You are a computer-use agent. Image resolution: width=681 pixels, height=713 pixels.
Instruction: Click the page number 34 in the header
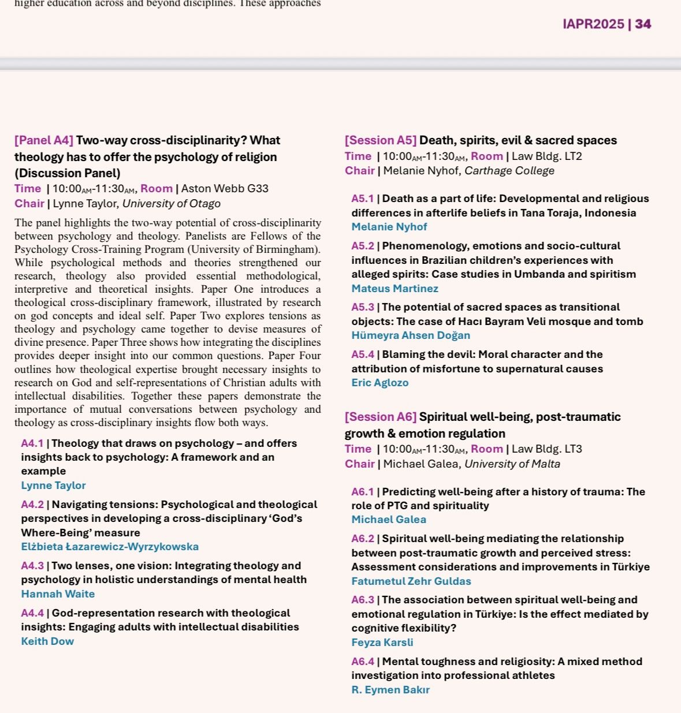coord(643,24)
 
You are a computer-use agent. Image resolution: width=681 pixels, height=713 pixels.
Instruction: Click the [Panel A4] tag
coord(44,140)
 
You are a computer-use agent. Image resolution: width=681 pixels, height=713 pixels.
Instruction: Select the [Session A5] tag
coord(380,140)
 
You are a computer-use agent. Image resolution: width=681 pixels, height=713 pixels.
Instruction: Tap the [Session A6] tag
coord(380,417)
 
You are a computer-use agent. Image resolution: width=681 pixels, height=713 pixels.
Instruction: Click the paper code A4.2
coord(32,505)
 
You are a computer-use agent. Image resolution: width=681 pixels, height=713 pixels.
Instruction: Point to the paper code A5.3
coord(363,307)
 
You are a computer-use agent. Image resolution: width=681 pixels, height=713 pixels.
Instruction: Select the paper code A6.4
coord(363,662)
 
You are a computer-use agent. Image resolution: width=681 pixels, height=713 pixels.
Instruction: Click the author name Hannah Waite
coord(58,594)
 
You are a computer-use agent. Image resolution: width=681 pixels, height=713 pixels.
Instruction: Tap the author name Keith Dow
coord(47,641)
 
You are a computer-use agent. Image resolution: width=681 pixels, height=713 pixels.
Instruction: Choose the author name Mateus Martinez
coord(395,289)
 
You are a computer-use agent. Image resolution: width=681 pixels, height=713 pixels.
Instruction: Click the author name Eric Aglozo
coord(379,383)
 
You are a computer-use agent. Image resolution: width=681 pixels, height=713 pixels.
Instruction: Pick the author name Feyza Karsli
coord(382,643)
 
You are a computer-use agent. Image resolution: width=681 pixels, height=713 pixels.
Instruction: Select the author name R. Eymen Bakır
coord(390,690)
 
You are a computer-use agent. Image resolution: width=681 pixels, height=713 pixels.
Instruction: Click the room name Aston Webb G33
coord(225,189)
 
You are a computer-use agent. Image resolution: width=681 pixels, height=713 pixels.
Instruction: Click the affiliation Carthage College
coord(509,171)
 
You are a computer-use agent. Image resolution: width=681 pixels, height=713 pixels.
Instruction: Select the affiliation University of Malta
coord(512,464)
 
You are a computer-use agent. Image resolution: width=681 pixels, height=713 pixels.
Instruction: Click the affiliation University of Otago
coord(171,204)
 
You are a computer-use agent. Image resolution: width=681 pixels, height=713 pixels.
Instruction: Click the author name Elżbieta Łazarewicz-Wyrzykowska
coord(110,547)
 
